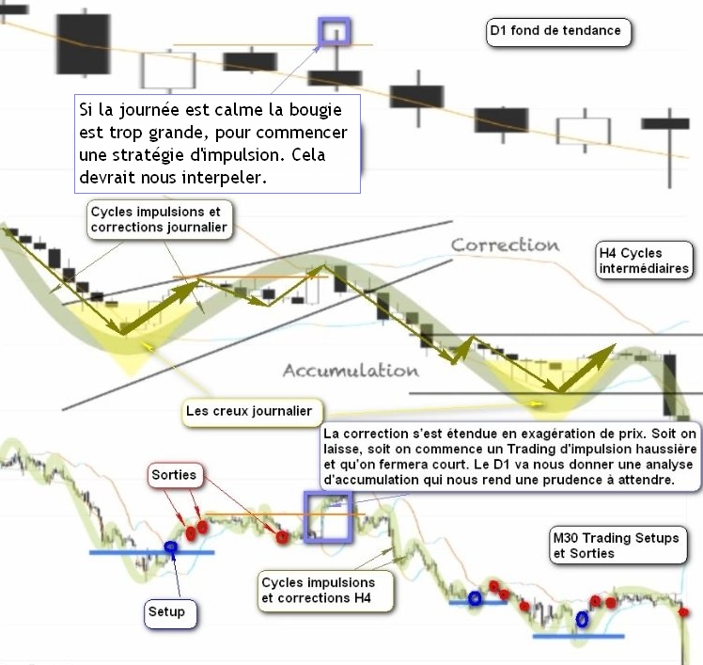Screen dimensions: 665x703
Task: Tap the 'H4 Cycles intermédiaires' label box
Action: [645, 261]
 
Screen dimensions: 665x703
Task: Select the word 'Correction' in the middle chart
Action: [505, 245]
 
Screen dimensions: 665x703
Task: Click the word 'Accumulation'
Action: [351, 371]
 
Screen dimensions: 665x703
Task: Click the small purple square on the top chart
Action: [334, 32]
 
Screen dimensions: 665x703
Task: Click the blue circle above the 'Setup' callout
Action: [171, 546]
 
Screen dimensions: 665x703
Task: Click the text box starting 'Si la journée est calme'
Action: [217, 140]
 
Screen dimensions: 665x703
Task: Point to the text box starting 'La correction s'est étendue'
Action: [511, 456]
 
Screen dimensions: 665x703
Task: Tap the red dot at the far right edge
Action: [683, 612]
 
